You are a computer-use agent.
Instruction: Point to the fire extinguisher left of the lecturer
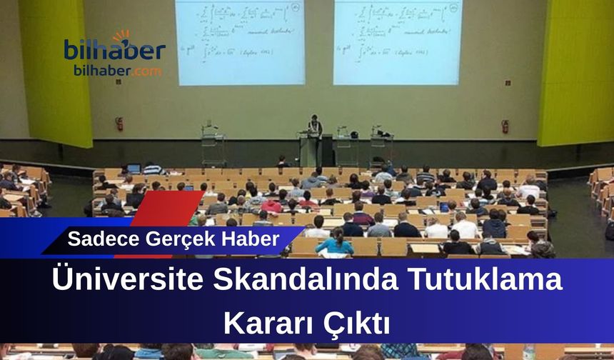[x=119, y=124]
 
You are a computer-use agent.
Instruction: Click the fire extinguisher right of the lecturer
[x=505, y=126]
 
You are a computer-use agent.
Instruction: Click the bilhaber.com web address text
[x=117, y=71]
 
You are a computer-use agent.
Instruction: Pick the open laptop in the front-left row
[x=134, y=169]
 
